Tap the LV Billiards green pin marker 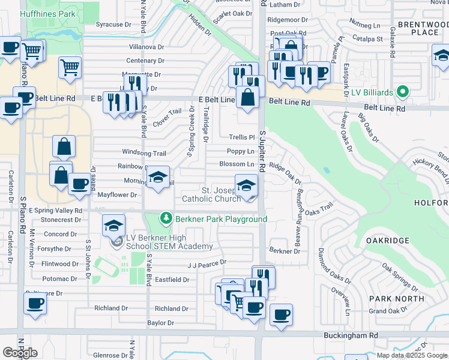[x=403, y=92]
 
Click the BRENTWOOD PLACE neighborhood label [x=418, y=28]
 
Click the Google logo [x=20, y=353]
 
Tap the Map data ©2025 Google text [x=412, y=355]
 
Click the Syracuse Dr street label [x=113, y=25]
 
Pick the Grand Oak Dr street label [x=387, y=311]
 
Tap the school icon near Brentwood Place [x=442, y=57]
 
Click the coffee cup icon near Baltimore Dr [x=35, y=304]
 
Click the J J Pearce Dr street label [x=207, y=263]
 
